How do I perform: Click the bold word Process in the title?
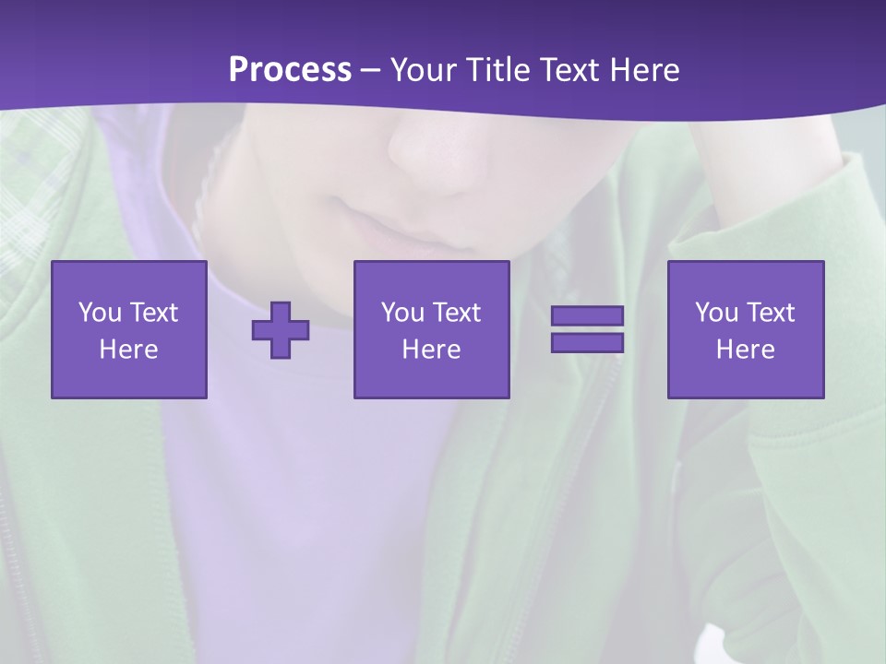click(290, 70)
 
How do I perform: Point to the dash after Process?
click(371, 71)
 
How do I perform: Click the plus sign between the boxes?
click(281, 330)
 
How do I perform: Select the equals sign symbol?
click(587, 329)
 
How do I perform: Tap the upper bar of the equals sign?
click(587, 316)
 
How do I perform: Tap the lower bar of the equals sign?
click(587, 342)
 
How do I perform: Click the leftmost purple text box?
click(129, 329)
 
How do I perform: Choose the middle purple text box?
click(432, 329)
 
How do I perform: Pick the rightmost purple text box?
click(746, 329)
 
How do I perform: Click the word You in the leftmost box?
click(100, 313)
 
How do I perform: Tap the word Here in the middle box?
click(432, 350)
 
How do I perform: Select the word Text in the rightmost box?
click(772, 313)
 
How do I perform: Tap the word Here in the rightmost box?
click(746, 350)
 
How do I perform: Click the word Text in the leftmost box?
click(154, 313)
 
